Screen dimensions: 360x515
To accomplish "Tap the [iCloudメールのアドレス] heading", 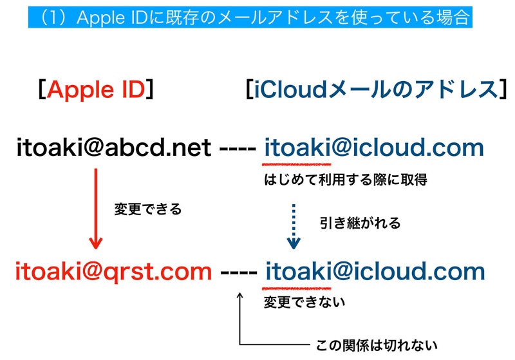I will (373, 91).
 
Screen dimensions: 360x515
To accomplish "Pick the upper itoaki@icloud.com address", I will (373, 149).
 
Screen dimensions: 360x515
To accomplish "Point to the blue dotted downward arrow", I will (294, 226).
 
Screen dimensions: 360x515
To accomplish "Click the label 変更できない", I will (304, 301).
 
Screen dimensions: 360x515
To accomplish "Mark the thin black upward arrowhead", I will (239, 297).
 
